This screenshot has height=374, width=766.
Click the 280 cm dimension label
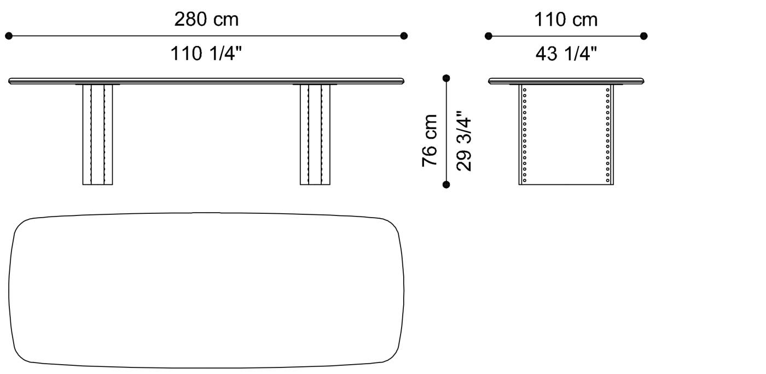206,20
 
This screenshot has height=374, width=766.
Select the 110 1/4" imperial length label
206,54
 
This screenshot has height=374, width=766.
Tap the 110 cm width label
566,20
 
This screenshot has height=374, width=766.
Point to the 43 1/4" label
566,54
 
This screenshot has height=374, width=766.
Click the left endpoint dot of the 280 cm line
9,36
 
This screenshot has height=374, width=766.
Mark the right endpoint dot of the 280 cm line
404,36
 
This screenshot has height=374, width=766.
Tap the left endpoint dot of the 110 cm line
489,36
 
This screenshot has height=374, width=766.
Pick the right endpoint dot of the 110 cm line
644,36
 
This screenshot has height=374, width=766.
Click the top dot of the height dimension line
446,78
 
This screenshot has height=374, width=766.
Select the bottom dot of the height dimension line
446,185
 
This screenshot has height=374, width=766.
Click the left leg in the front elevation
97,135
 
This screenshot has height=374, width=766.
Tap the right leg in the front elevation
315,135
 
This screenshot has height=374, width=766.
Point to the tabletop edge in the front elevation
206,81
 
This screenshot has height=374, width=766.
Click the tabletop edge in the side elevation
566,81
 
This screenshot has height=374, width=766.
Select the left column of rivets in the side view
524,135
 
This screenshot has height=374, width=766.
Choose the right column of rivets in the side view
608,135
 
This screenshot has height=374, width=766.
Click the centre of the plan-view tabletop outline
206,290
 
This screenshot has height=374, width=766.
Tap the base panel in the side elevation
566,135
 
